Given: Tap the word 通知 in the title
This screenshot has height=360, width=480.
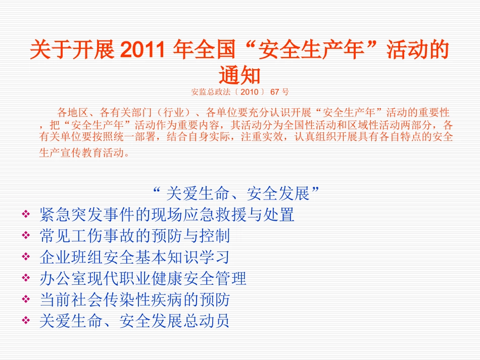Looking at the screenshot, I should click(x=239, y=75).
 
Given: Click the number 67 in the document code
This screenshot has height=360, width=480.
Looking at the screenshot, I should click(x=275, y=92).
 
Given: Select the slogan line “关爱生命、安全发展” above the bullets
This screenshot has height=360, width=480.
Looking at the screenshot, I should click(x=237, y=193).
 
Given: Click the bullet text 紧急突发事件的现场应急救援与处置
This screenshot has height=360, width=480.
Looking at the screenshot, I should click(x=167, y=215).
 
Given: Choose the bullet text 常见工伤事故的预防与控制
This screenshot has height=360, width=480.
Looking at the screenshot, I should click(x=134, y=236).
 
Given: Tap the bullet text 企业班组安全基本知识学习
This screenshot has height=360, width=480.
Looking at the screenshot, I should click(x=134, y=258).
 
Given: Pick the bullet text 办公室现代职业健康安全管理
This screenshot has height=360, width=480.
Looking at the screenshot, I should click(x=142, y=279).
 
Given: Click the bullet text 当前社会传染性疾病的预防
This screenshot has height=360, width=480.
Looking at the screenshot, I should click(x=134, y=300).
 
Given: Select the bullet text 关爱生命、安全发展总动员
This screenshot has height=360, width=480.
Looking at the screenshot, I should click(x=134, y=321).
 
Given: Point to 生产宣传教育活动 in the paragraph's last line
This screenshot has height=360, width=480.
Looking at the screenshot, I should click(x=80, y=153).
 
